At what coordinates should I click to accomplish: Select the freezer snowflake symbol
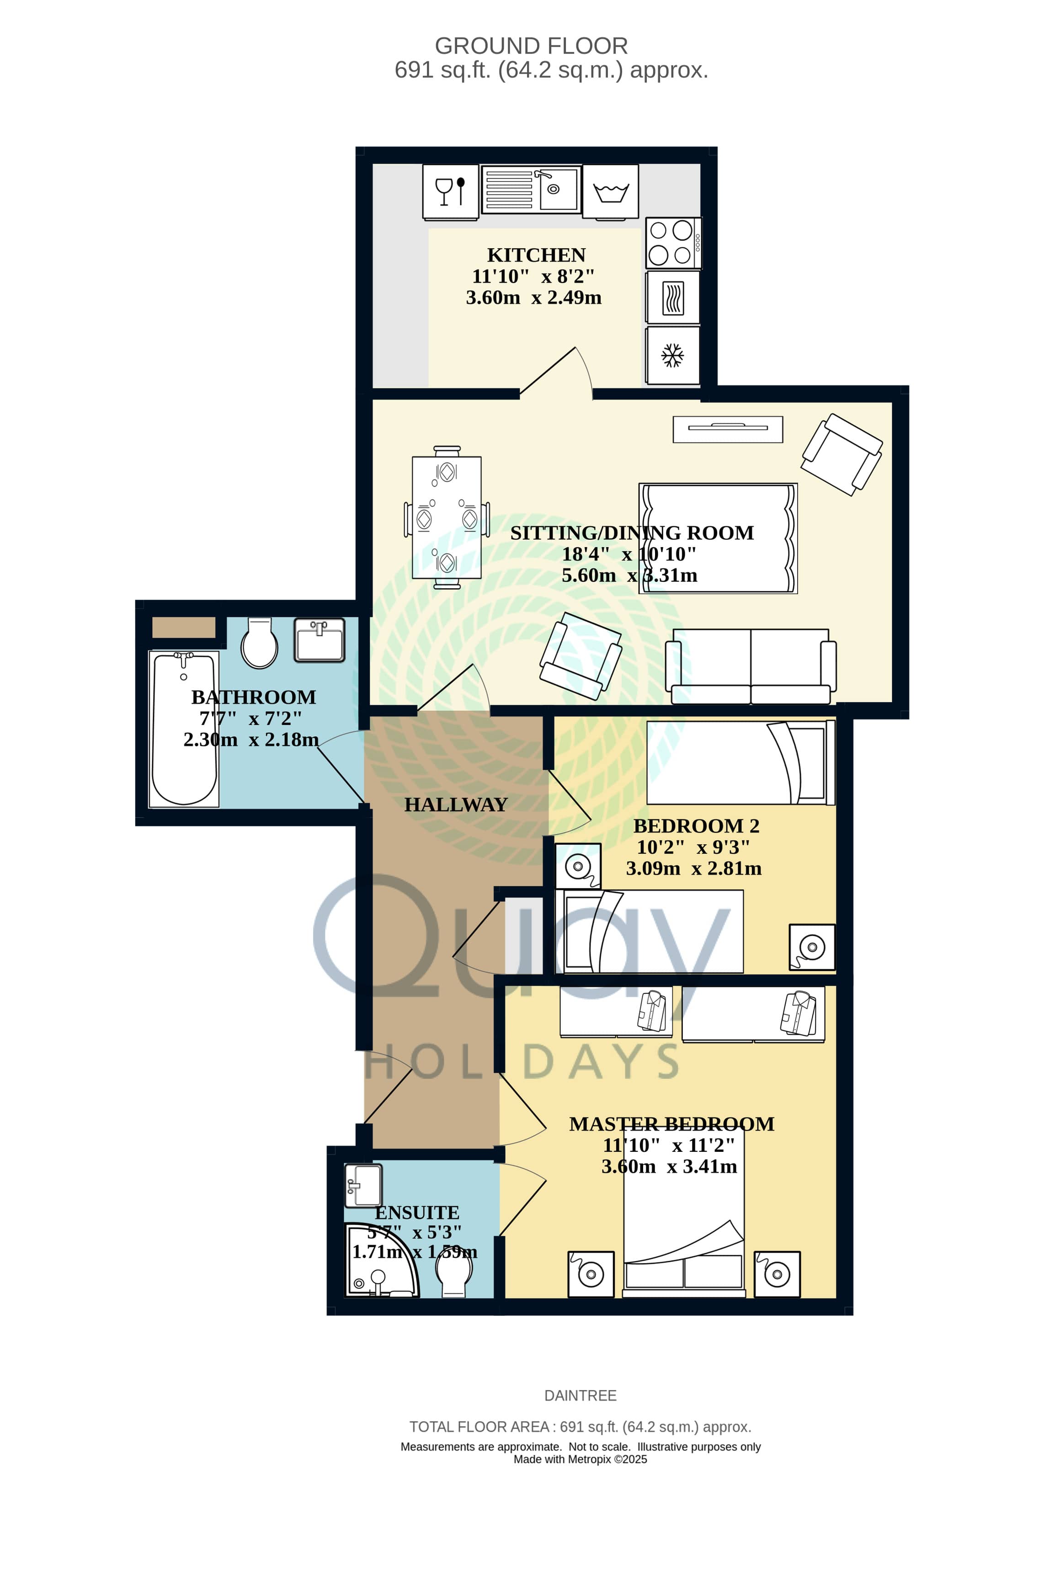click(672, 355)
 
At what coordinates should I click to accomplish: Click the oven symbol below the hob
click(672, 298)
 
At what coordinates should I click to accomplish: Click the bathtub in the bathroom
click(184, 729)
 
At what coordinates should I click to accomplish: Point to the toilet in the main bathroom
click(260, 643)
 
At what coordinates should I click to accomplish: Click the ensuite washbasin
click(363, 1186)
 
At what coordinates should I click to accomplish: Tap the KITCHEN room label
click(536, 255)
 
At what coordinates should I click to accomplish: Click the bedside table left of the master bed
click(591, 1274)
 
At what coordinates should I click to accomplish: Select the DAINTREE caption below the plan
click(580, 1395)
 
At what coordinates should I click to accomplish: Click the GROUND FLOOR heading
click(531, 46)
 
